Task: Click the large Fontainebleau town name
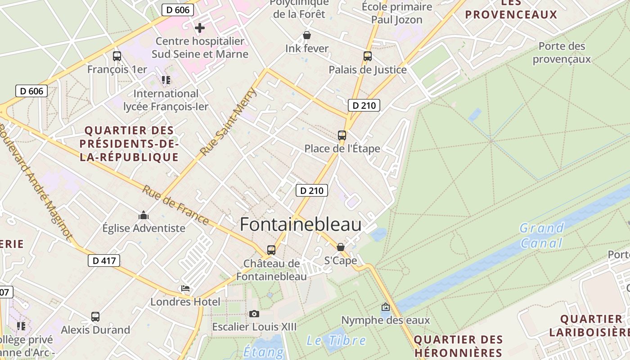click(301, 224)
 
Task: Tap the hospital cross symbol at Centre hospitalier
click(200, 28)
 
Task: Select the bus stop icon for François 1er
click(117, 56)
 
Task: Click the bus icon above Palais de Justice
click(368, 56)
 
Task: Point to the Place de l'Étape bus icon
click(342, 135)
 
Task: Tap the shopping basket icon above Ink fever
click(307, 35)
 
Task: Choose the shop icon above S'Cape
click(341, 247)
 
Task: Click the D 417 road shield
click(104, 260)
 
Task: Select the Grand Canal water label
click(542, 235)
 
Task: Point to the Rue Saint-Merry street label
click(229, 121)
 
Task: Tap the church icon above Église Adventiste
click(144, 215)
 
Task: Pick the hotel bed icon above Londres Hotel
click(185, 288)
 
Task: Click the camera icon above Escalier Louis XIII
click(254, 314)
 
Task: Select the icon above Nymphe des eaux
click(386, 307)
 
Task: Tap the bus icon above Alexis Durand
click(95, 316)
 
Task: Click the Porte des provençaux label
click(562, 53)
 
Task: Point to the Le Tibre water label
click(336, 341)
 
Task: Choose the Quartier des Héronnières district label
click(458, 346)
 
